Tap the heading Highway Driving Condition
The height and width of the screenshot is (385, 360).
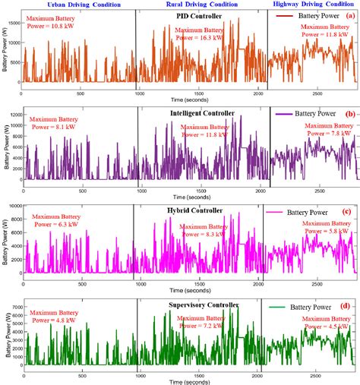[313, 5]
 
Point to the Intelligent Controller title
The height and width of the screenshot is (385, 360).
[203, 113]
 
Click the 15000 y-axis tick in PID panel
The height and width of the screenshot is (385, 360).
[16, 24]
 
